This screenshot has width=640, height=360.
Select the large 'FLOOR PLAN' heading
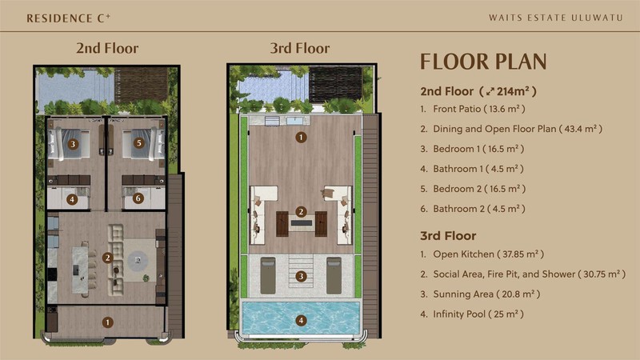click(x=483, y=62)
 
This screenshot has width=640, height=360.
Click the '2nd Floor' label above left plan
click(x=107, y=48)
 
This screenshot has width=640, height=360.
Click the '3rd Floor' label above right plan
click(x=301, y=48)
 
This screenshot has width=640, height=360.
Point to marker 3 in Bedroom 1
click(x=73, y=144)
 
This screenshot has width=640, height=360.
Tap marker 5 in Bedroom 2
click(x=138, y=144)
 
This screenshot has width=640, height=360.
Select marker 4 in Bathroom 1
click(x=73, y=198)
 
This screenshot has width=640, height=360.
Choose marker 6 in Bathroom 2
click(x=138, y=198)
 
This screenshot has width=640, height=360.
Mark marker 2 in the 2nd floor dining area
click(x=107, y=257)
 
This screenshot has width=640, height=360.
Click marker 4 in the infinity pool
click(x=301, y=321)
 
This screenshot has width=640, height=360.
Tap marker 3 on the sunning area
click(x=301, y=276)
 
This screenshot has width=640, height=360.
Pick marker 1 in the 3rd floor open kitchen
click(x=301, y=137)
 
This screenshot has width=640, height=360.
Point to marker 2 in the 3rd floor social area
click(x=301, y=212)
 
